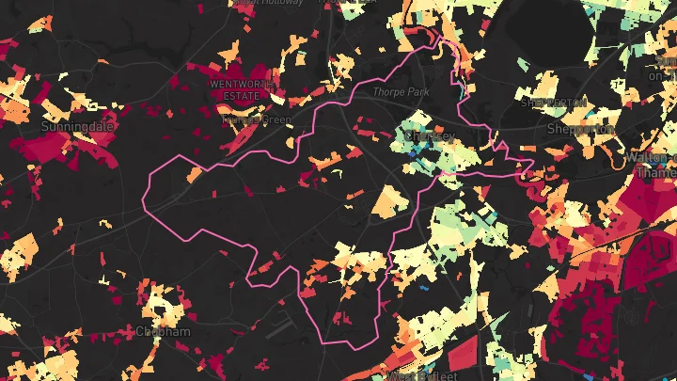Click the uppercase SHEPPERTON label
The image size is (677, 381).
pos(555,102)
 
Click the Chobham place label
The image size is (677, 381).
pos(164,332)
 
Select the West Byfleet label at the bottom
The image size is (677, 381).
pos(414,375)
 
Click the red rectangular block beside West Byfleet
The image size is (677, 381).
pos(463,357)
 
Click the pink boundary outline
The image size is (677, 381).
pos(147,188)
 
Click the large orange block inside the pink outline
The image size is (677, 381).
pos(386,201)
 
